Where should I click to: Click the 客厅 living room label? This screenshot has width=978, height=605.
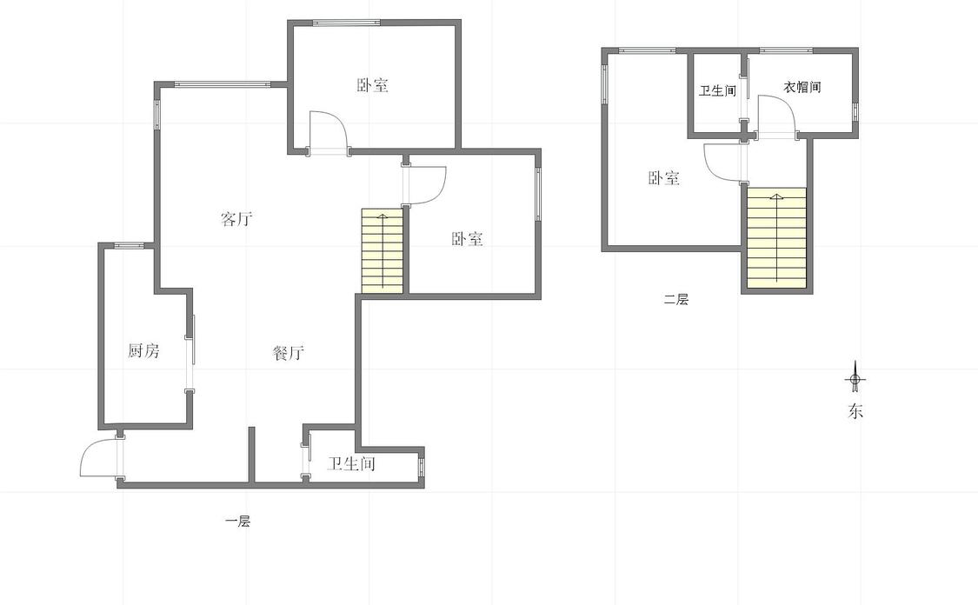[236, 219]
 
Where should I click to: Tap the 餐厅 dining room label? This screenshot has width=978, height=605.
[288, 353]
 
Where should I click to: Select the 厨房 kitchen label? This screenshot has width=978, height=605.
[143, 351]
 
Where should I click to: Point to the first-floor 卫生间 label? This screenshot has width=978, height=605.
[351, 464]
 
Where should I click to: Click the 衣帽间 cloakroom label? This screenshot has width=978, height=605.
[802, 88]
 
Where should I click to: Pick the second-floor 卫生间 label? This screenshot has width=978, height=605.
[717, 90]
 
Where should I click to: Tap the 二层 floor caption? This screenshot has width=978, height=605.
[675, 300]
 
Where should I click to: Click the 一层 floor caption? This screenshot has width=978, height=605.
[237, 522]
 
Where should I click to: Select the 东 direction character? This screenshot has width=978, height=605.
[855, 412]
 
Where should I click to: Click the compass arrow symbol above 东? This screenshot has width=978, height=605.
[855, 378]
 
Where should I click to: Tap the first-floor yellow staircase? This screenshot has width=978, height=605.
[383, 249]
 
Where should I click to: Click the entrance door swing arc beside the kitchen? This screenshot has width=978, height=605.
[98, 457]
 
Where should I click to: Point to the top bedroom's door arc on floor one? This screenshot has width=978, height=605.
[330, 130]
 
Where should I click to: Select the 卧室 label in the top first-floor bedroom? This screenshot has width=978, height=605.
[372, 85]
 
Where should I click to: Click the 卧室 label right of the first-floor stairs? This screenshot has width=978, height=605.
[467, 239]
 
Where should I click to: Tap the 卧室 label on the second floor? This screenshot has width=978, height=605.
[663, 178]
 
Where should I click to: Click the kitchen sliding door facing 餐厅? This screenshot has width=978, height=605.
[190, 352]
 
